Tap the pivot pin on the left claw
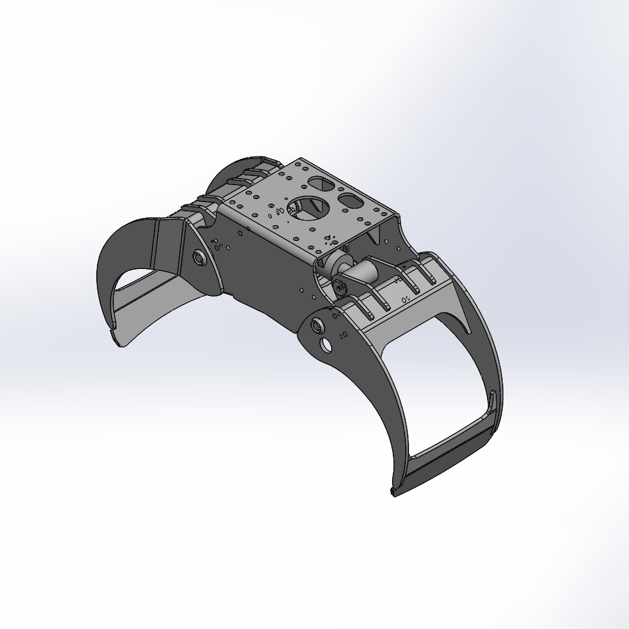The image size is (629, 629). (x=198, y=257)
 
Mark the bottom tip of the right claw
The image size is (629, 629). (x=393, y=492)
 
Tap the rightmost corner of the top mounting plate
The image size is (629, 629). (x=397, y=216)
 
